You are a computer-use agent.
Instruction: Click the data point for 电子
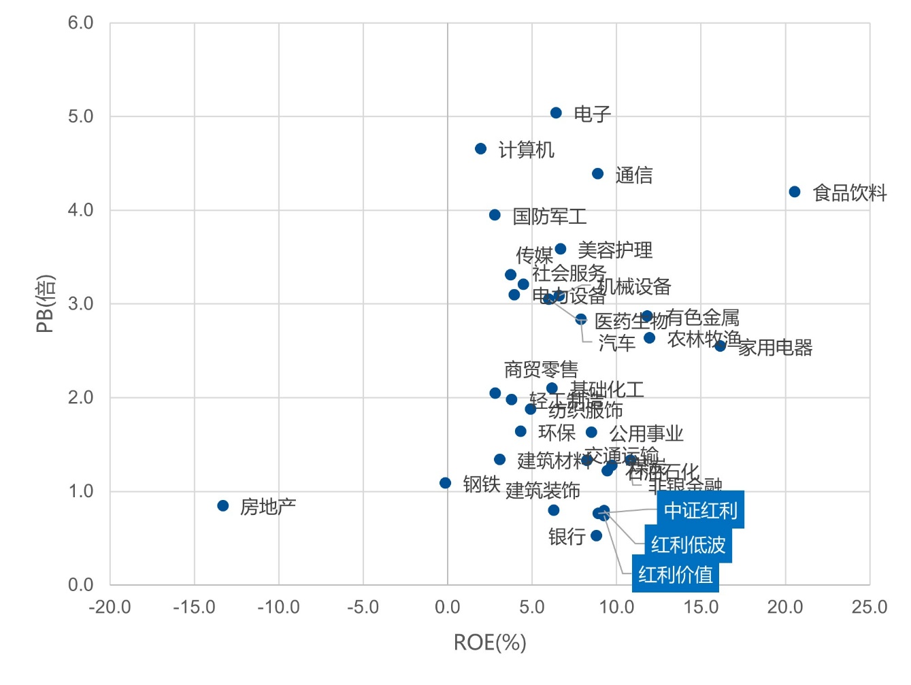click(556, 113)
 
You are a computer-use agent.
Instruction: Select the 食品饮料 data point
click(794, 192)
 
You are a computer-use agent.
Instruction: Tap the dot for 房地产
click(222, 505)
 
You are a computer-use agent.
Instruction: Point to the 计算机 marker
click(480, 148)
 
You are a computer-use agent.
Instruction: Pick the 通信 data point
click(597, 173)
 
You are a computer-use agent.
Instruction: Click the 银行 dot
click(596, 535)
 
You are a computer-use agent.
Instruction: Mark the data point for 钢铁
click(445, 483)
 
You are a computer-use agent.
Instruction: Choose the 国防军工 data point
click(495, 215)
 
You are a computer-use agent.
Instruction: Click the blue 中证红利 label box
click(700, 509)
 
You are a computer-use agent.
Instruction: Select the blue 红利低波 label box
click(688, 544)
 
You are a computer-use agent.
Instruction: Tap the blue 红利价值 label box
click(675, 575)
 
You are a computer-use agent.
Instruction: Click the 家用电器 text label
click(776, 348)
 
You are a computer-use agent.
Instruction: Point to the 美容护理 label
click(615, 250)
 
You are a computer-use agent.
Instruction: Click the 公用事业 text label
click(646, 433)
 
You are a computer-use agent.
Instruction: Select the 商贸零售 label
click(541, 369)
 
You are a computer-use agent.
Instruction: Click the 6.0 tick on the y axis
click(80, 22)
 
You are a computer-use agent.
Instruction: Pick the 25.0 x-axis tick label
click(869, 607)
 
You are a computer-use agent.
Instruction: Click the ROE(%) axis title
click(490, 642)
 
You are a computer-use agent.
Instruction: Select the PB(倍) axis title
click(45, 303)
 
